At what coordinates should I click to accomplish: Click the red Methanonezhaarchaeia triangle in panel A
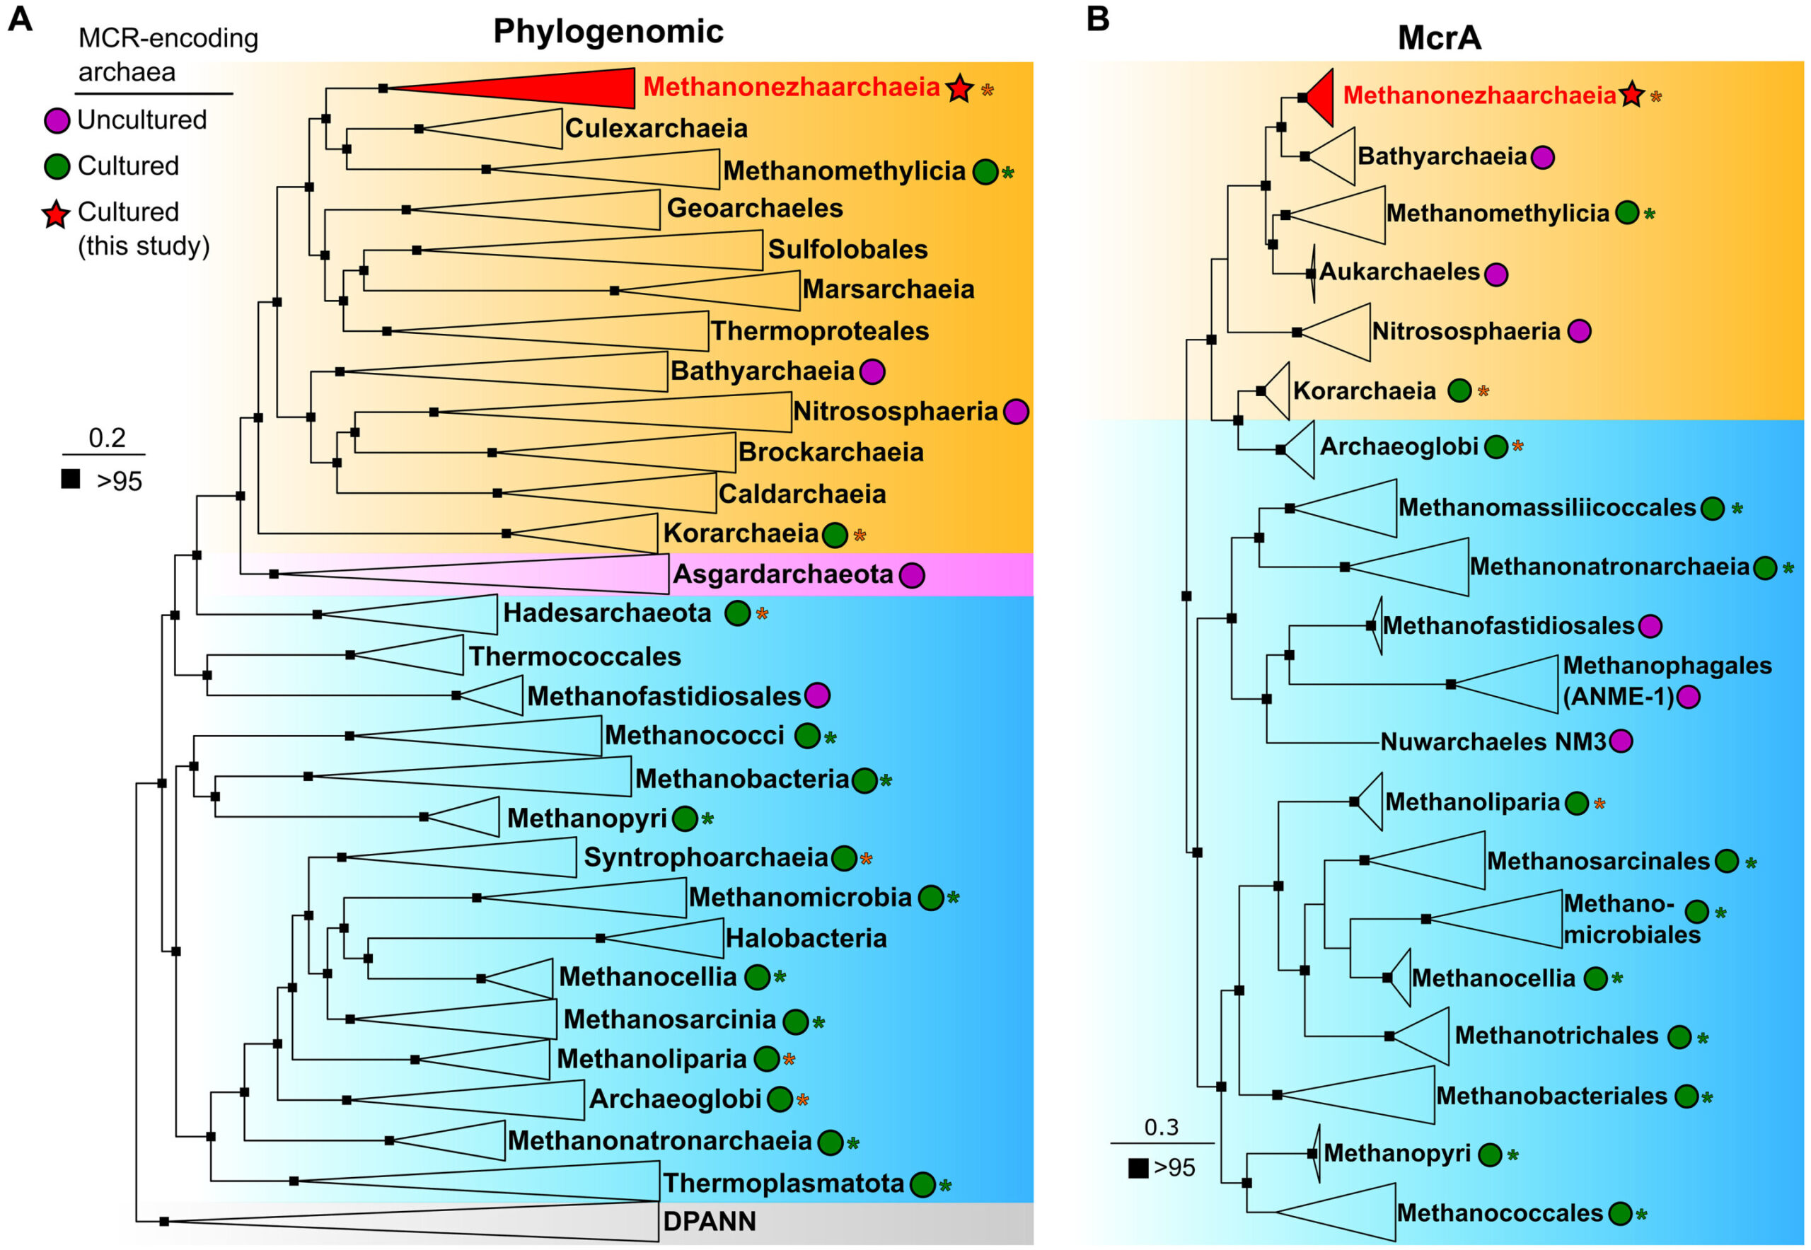point(548,88)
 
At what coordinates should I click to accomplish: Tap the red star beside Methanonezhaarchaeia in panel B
point(1631,95)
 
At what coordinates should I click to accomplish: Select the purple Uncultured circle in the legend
point(57,120)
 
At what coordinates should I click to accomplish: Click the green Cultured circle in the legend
point(57,167)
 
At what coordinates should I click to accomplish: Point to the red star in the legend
point(57,214)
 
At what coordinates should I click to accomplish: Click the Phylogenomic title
point(608,31)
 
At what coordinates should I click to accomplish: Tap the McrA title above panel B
point(1439,37)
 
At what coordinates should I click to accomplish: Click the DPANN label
point(709,1221)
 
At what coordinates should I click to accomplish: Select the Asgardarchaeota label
point(782,574)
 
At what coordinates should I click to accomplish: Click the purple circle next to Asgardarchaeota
point(911,576)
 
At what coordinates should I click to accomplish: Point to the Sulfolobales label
point(847,249)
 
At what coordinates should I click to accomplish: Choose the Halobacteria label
point(805,937)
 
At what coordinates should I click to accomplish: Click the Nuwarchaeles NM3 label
point(1493,741)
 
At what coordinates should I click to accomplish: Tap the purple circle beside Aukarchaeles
point(1496,274)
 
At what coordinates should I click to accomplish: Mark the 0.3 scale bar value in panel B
point(1161,1127)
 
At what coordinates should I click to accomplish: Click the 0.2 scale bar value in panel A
point(107,437)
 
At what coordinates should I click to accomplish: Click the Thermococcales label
point(575,656)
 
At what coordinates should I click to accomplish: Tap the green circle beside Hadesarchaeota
point(738,613)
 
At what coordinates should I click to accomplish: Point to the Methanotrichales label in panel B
point(1556,1036)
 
